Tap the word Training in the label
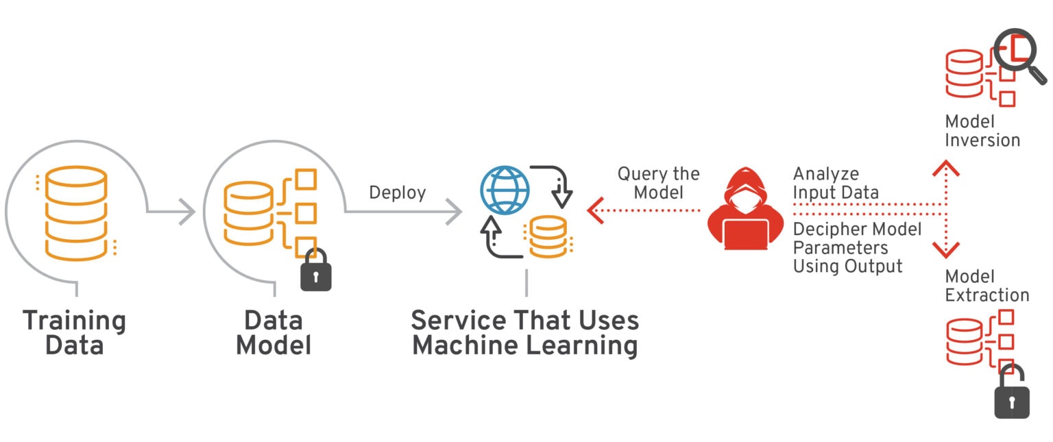tap(74, 320)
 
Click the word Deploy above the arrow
tap(397, 193)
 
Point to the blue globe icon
tap(505, 190)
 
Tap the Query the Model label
tap(658, 183)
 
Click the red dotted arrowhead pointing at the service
tap(595, 211)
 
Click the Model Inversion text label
tap(982, 131)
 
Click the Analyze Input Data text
tap(835, 183)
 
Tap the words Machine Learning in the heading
tap(524, 345)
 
